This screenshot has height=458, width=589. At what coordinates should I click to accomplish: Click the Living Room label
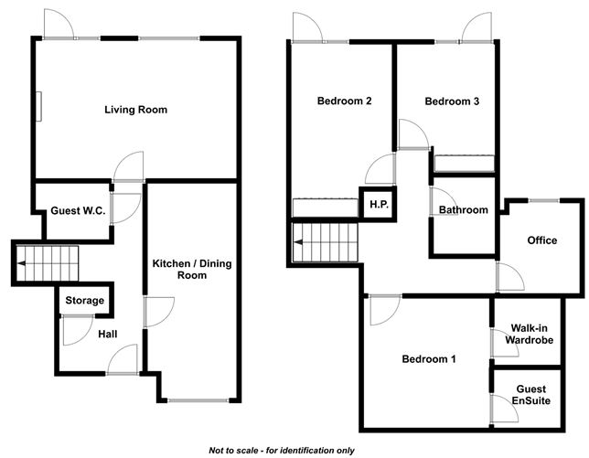click(135, 110)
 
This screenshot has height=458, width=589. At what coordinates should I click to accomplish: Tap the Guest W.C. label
click(78, 210)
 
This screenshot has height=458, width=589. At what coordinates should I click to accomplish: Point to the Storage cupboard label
click(84, 300)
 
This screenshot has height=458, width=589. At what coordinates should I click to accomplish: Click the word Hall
click(108, 335)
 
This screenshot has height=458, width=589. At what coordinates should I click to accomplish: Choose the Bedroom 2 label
click(343, 101)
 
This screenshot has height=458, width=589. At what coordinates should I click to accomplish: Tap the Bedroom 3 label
click(452, 101)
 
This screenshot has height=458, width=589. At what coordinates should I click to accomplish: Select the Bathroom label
click(464, 210)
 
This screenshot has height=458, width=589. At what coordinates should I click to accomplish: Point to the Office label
click(541, 240)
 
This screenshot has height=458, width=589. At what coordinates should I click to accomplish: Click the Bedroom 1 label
click(429, 358)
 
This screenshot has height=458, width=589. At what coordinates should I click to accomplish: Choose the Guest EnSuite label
click(530, 394)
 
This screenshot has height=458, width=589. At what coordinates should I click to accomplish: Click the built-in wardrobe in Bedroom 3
click(466, 164)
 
